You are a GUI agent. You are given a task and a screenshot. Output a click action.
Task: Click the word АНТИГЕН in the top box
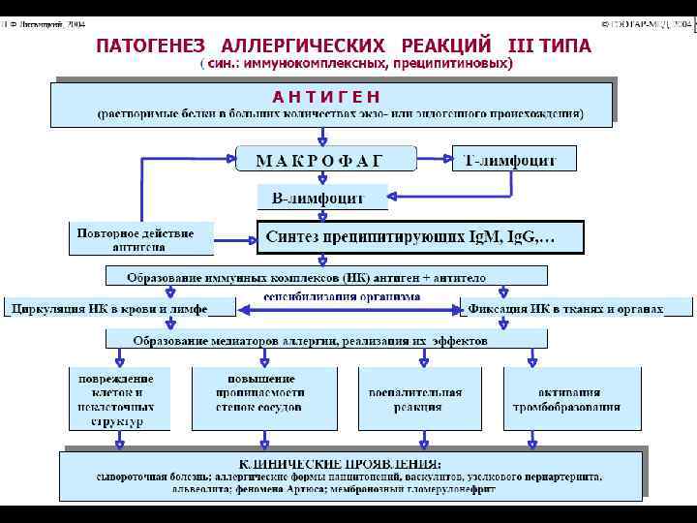pyautogui.click(x=326, y=96)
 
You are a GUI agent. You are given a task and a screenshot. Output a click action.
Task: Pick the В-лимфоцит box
pyautogui.click(x=320, y=198)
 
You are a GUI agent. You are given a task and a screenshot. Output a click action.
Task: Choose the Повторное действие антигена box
pyautogui.click(x=136, y=239)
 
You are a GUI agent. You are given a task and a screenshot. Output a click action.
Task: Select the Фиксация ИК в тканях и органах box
pyautogui.click(x=578, y=309)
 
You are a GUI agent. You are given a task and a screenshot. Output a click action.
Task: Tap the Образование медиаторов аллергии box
pyautogui.click(x=325, y=341)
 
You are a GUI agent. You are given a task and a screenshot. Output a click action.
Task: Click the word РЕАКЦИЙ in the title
pyautogui.click(x=444, y=46)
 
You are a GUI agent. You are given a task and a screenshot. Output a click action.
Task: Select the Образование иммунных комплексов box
pyautogui.click(x=325, y=277)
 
